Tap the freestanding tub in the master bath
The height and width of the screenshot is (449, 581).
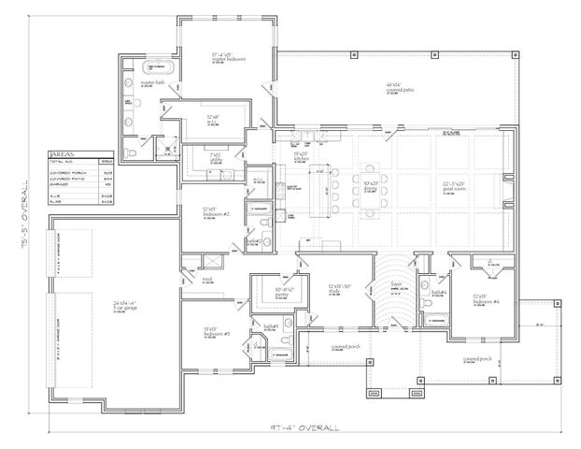point(160,68)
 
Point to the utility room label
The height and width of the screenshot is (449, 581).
point(215,156)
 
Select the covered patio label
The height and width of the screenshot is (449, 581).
point(401,87)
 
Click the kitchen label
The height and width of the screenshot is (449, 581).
point(301,157)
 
